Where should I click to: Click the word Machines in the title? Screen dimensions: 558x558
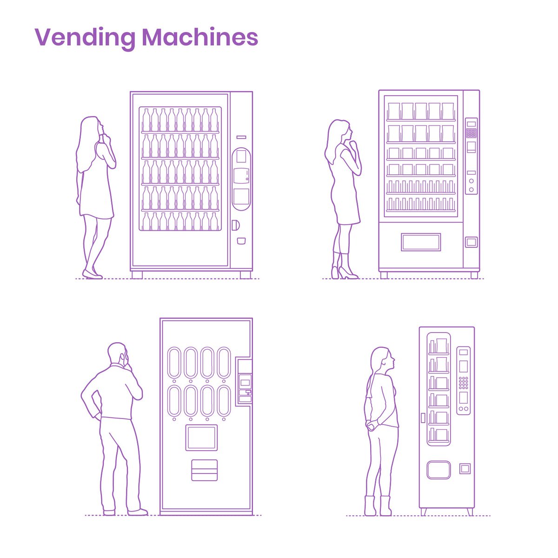tap(200, 37)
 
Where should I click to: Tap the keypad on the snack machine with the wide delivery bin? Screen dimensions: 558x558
tap(471, 133)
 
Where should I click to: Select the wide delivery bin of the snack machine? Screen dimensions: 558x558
tap(421, 242)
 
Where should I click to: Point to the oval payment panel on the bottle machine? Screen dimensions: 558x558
tap(241, 179)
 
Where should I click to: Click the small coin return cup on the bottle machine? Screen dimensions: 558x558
tap(241, 241)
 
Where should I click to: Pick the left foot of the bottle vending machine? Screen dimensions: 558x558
tap(137, 275)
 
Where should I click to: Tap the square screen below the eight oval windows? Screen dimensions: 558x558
tap(201, 438)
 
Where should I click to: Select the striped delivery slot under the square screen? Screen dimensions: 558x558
tap(204, 470)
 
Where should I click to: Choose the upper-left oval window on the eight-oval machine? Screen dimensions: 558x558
tap(174, 363)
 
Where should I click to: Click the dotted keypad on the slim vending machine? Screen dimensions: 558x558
tap(463, 383)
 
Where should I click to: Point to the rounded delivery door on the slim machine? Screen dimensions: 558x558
tap(438, 470)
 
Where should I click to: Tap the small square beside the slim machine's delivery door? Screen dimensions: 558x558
tap(465, 468)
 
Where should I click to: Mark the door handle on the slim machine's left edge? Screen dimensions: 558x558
tap(423, 418)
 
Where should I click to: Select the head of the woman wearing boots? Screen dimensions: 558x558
tap(383, 359)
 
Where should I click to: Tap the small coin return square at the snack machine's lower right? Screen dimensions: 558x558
tap(471, 242)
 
